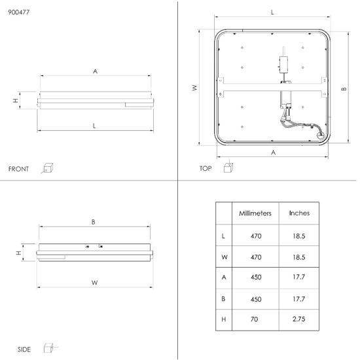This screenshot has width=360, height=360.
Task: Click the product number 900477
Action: pos(19,12)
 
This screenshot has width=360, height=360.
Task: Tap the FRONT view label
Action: pos(18,170)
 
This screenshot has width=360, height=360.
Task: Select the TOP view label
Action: pos(206,168)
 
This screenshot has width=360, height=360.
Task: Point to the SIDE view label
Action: pos(24,350)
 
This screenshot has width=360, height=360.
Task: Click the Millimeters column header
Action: pos(255,213)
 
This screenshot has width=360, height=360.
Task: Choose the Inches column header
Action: pos(299,213)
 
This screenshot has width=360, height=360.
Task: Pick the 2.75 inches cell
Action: pos(299,319)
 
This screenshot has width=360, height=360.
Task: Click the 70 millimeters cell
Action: pos(255,319)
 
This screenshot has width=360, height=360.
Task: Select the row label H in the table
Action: pos(224,319)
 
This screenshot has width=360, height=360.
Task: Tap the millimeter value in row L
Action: pos(256,236)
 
